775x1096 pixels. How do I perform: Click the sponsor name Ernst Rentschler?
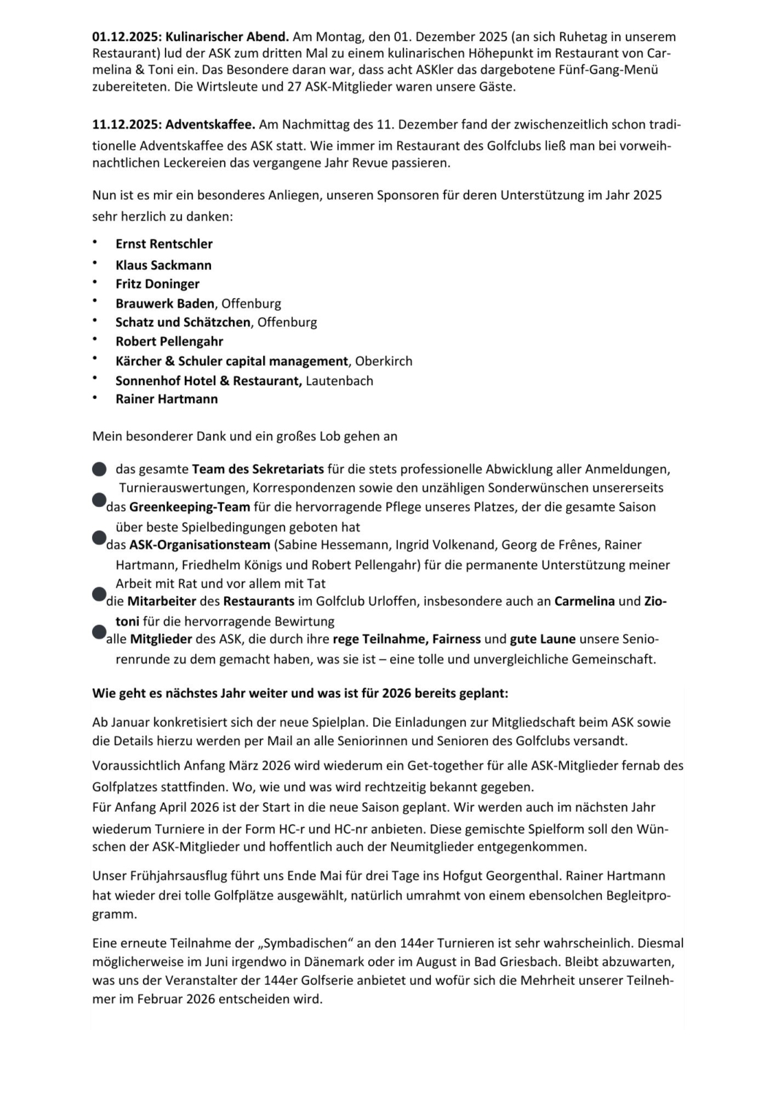[164, 244]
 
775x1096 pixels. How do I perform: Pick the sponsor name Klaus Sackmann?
[164, 265]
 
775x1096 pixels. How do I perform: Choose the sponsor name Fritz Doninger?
[157, 284]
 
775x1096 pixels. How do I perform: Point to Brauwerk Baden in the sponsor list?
[165, 303]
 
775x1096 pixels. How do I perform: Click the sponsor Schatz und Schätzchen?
[183, 322]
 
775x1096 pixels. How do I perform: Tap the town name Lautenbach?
[339, 381]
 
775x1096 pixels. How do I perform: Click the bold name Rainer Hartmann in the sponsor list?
[167, 399]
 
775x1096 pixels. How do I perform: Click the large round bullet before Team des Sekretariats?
[99, 469]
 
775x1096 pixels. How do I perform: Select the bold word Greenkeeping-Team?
[190, 507]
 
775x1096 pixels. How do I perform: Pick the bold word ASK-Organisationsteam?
[199, 545]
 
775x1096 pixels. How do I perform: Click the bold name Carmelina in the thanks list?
[584, 601]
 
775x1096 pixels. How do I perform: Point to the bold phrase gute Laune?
[543, 639]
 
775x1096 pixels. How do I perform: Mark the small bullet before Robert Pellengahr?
[95, 339]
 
